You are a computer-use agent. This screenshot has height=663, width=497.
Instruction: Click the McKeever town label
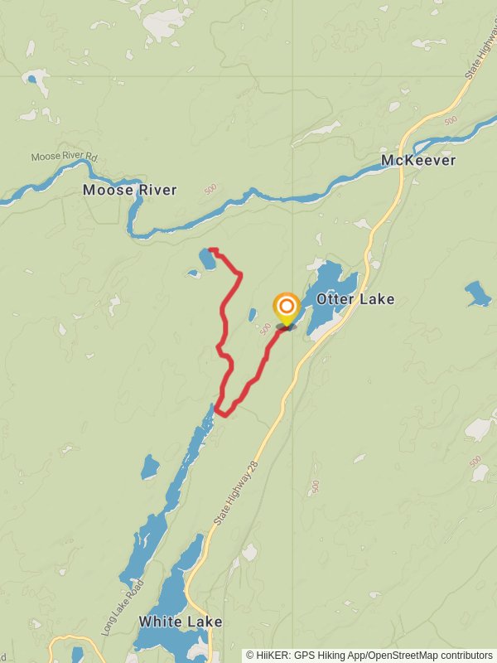(x=418, y=160)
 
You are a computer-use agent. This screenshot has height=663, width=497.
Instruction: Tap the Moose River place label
(x=129, y=190)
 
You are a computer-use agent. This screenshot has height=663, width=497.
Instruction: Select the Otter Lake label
(x=355, y=298)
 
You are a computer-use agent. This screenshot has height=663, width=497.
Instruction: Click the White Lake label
(x=181, y=622)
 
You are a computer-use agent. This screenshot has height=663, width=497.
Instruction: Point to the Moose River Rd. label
(x=65, y=156)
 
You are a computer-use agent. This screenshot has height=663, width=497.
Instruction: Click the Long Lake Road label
(x=123, y=607)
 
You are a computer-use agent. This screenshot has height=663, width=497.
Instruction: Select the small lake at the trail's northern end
(x=207, y=260)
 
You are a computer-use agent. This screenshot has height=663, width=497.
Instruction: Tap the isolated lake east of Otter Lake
(x=477, y=293)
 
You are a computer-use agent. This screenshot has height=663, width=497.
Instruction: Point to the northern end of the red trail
(x=210, y=249)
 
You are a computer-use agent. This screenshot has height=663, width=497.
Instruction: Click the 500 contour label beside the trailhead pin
(x=265, y=329)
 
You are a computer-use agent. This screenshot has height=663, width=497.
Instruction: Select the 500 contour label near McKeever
(x=450, y=121)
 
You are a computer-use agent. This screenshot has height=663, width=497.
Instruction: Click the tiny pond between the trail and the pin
(x=252, y=315)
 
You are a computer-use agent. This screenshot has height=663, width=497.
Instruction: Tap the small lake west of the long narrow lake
(x=150, y=467)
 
